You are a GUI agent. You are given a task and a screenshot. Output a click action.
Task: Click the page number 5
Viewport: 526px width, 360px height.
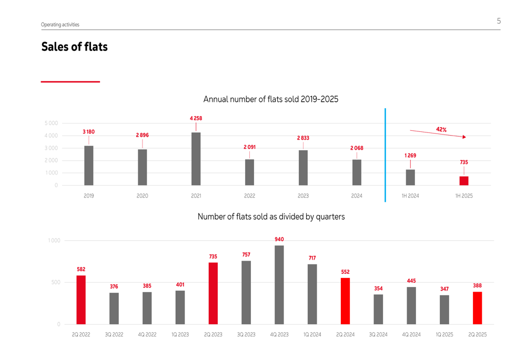click(x=499, y=21)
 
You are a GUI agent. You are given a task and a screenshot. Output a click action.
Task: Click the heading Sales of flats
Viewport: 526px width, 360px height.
click(x=74, y=47)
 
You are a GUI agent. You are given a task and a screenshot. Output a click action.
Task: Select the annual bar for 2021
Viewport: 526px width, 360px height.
click(x=196, y=159)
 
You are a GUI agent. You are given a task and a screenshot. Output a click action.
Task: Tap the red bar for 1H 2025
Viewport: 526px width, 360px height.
click(x=464, y=181)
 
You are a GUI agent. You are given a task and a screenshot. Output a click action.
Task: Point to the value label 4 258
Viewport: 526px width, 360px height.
click(x=196, y=119)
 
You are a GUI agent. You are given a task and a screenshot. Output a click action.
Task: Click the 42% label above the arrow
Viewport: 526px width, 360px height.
click(x=441, y=129)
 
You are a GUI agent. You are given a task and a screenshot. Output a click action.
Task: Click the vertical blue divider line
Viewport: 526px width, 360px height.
click(x=385, y=155)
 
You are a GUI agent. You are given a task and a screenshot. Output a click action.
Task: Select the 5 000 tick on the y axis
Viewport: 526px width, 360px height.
click(x=51, y=124)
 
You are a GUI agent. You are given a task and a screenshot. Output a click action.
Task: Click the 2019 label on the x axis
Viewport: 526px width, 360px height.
click(x=88, y=196)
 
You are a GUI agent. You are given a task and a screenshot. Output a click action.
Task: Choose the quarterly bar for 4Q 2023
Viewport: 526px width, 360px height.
click(x=279, y=285)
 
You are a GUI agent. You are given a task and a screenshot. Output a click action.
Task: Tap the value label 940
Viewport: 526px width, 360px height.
click(x=279, y=239)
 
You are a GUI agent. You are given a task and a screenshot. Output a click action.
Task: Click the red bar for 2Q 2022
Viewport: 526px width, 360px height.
click(x=81, y=300)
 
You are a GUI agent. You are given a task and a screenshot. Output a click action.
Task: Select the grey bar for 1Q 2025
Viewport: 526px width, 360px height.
click(x=444, y=310)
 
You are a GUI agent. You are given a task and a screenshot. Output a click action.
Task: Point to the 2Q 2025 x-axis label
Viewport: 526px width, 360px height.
click(x=477, y=335)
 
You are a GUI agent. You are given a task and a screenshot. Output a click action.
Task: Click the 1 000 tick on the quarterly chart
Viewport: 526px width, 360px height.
click(x=54, y=241)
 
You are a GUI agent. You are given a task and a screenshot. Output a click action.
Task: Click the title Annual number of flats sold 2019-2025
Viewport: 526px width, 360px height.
click(x=270, y=99)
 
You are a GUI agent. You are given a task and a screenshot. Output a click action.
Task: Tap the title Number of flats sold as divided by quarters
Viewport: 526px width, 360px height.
click(x=271, y=217)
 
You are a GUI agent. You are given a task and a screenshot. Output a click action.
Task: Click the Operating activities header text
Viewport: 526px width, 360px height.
click(x=60, y=25)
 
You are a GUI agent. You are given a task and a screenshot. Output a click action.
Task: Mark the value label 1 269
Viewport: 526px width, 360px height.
click(x=410, y=156)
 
